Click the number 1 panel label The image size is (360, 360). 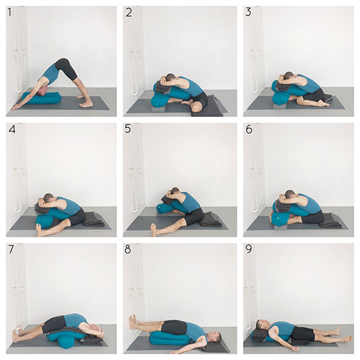[10, 12]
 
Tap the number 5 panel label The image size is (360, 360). [128, 129]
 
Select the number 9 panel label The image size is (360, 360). [249, 249]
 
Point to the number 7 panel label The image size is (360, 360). [11, 249]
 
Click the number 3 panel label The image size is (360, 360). [248, 12]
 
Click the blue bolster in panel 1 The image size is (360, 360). [42, 98]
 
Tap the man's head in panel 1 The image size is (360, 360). [43, 91]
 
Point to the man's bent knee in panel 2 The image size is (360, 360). [197, 107]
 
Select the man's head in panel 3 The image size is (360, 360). [289, 76]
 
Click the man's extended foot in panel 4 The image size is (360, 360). [39, 230]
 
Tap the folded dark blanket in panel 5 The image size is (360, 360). [211, 219]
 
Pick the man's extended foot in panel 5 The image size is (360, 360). [154, 230]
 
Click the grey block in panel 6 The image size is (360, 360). [280, 227]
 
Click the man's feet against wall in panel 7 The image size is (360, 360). [19, 333]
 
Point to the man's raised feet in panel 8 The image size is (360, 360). [133, 322]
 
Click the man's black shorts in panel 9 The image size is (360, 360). [303, 333]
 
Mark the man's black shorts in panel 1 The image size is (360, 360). [66, 68]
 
